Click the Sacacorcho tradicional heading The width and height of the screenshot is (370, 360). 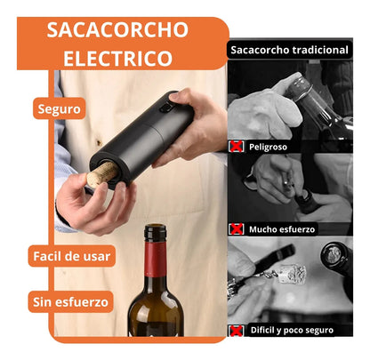[289, 50]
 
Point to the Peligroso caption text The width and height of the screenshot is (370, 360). [268, 146]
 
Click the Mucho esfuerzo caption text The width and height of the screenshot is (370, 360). [281, 228]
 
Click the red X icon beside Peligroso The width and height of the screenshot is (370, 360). [237, 146]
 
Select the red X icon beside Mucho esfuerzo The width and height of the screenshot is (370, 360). [237, 228]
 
